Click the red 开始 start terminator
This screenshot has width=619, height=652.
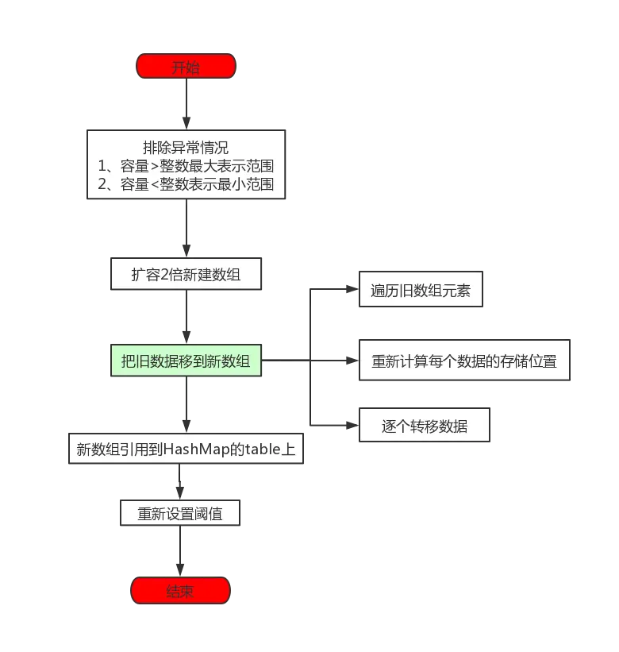[186, 67]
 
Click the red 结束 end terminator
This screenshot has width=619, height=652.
[180, 591]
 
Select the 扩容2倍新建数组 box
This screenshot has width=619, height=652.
[186, 275]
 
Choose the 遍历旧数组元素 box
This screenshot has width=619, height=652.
[421, 291]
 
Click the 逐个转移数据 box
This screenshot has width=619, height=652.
[425, 426]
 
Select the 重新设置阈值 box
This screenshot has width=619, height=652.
[180, 514]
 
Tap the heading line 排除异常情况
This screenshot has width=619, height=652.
[186, 148]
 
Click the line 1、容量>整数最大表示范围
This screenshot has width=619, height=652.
[186, 167]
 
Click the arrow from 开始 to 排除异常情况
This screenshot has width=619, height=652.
[186, 103]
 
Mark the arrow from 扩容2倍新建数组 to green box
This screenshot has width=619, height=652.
[186, 318]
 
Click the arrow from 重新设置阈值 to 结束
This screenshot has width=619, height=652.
[182, 552]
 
